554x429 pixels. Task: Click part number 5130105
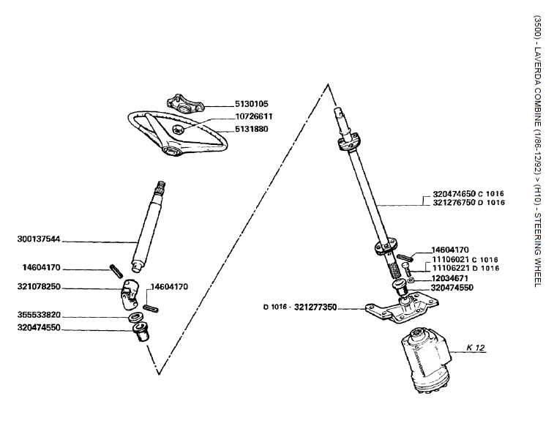(252, 105)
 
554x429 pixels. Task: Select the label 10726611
(255, 117)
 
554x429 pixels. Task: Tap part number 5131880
(252, 130)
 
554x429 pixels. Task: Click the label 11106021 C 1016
(465, 259)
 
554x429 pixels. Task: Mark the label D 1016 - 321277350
(299, 307)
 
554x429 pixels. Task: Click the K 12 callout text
(476, 347)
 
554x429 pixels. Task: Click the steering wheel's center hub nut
(179, 128)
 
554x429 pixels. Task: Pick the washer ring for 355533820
(136, 318)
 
